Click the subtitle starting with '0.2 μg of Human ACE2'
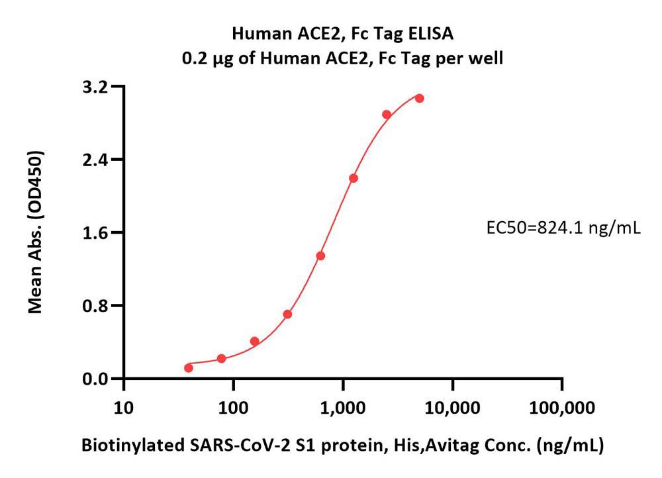pos(342,58)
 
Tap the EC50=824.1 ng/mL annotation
pos(563,228)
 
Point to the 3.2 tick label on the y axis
pos(95,87)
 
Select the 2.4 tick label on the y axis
pos(95,160)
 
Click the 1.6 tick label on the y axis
pos(95,233)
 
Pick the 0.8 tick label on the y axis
pos(95,306)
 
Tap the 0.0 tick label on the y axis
pos(95,379)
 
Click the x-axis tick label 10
pos(123,406)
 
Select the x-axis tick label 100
pos(233,406)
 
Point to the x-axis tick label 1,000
pos(343,406)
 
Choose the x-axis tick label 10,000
pos(452,406)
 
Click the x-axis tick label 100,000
pos(562,406)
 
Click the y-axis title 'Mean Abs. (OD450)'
pos(37,232)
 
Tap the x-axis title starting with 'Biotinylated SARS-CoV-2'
pos(342,446)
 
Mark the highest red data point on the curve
pos(419,98)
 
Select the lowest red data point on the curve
pos(189,367)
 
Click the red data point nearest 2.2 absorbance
pos(354,178)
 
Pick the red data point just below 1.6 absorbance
pos(320,256)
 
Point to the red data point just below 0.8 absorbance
pos(287,314)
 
